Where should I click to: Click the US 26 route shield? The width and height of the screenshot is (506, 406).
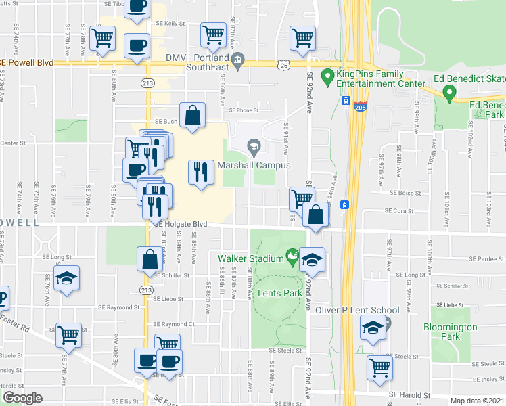pos(283,64)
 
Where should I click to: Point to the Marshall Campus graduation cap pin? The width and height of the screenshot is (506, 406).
pos(254,146)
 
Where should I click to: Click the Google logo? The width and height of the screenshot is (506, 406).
pos(22,399)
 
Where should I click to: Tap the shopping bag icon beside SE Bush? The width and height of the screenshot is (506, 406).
pos(192,116)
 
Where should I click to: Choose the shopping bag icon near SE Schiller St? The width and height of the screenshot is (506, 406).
pos(149,258)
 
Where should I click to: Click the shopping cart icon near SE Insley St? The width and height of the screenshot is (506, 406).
pos(380,368)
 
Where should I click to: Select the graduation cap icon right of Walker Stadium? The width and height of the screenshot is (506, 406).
pos(312,259)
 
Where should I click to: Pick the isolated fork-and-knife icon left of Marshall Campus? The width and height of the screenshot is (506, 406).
pos(200,173)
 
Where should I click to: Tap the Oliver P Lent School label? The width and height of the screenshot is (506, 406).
pos(357,310)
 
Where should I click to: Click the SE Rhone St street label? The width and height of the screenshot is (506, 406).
pos(244,110)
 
